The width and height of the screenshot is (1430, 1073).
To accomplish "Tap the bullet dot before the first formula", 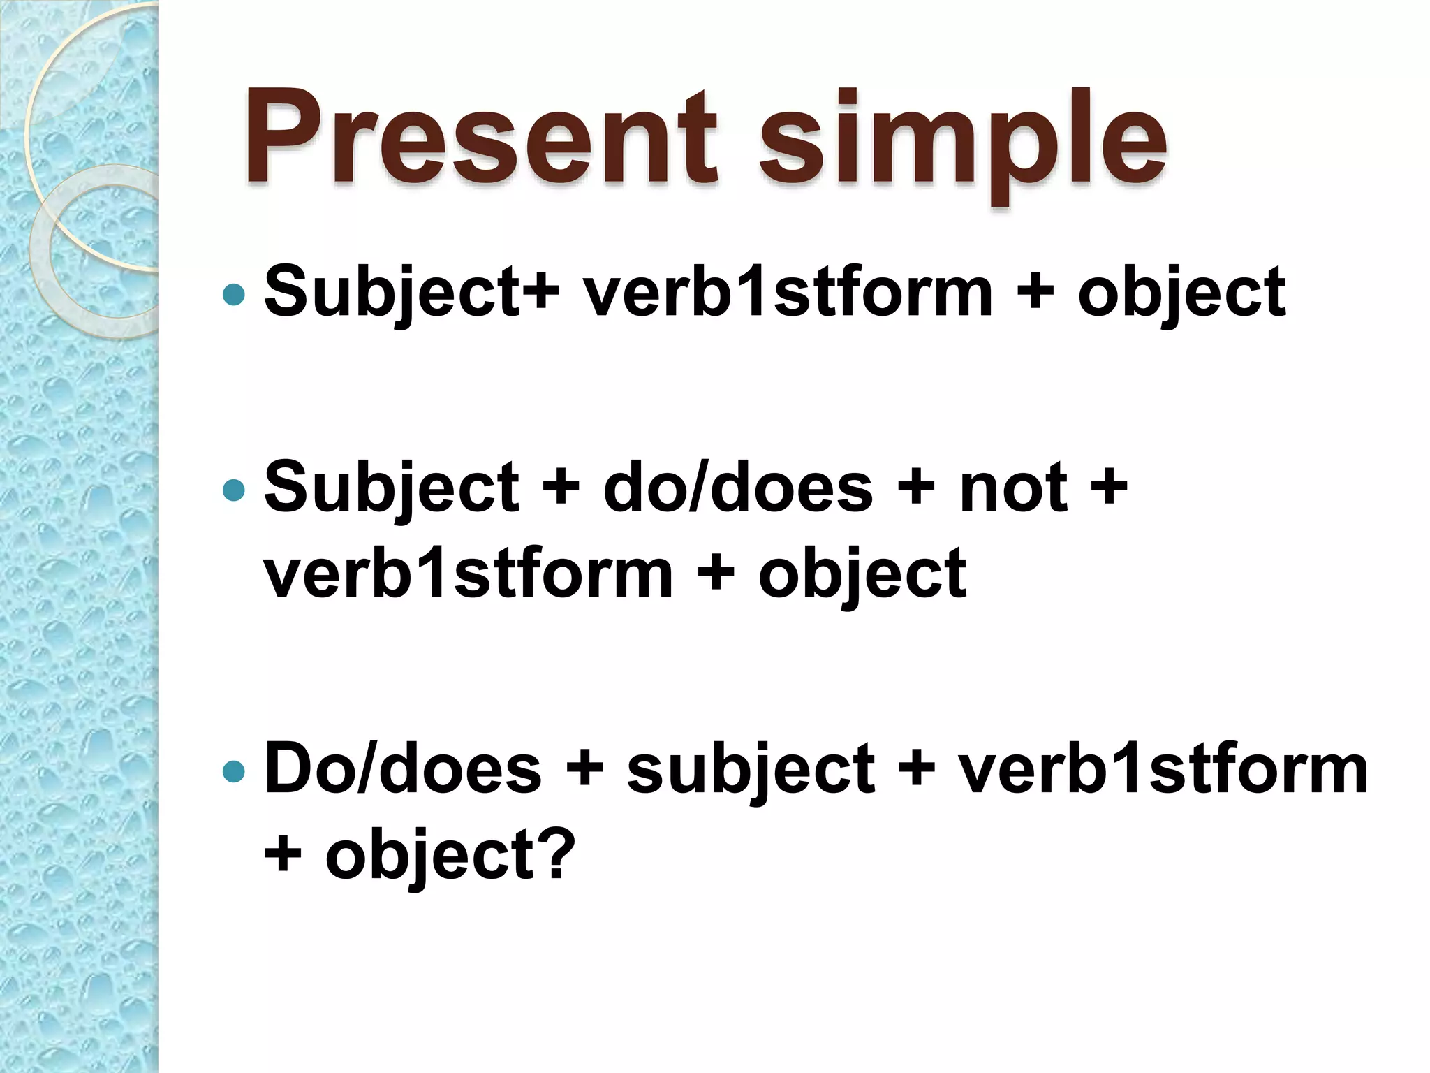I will click(x=233, y=295).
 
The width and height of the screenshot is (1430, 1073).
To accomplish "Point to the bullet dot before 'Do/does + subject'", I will click(x=233, y=771).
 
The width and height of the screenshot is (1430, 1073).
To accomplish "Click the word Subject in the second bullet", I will click(x=392, y=489).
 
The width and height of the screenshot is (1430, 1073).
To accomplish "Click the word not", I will click(x=1013, y=489).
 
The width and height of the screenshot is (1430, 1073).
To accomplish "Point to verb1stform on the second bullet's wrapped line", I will click(x=468, y=574).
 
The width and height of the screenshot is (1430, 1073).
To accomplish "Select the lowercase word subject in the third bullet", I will click(x=750, y=771).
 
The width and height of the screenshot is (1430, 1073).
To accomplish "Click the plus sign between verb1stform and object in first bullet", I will click(x=1035, y=293).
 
